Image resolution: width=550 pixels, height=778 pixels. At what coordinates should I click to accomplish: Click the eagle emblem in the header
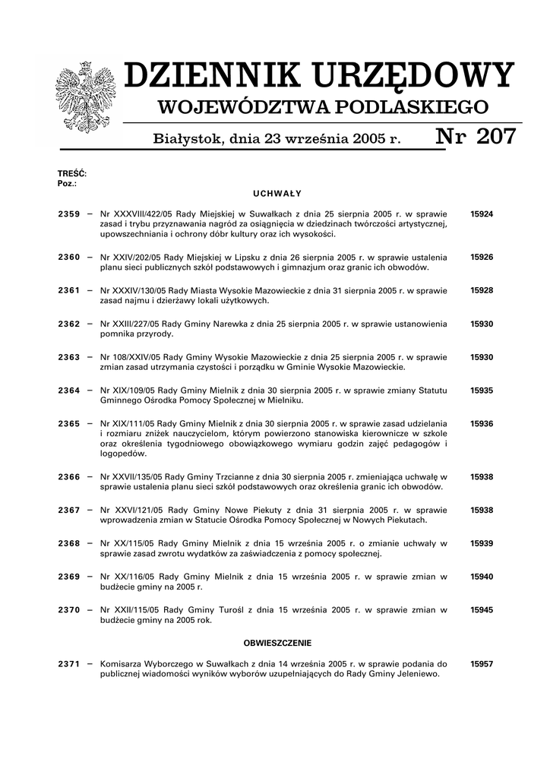click(x=84, y=98)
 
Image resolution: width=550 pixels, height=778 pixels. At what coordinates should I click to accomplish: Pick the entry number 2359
click(x=68, y=214)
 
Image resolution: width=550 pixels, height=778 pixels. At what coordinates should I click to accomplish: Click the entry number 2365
click(x=68, y=423)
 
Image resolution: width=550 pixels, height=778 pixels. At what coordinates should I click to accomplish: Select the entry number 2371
click(x=68, y=663)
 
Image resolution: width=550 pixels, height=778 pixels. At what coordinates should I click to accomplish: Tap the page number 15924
click(x=482, y=214)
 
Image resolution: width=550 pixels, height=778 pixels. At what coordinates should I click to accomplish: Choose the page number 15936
click(x=482, y=423)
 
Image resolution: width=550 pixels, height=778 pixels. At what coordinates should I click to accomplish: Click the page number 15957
click(x=482, y=663)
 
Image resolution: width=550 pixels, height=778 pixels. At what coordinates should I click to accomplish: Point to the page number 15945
click(x=482, y=609)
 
